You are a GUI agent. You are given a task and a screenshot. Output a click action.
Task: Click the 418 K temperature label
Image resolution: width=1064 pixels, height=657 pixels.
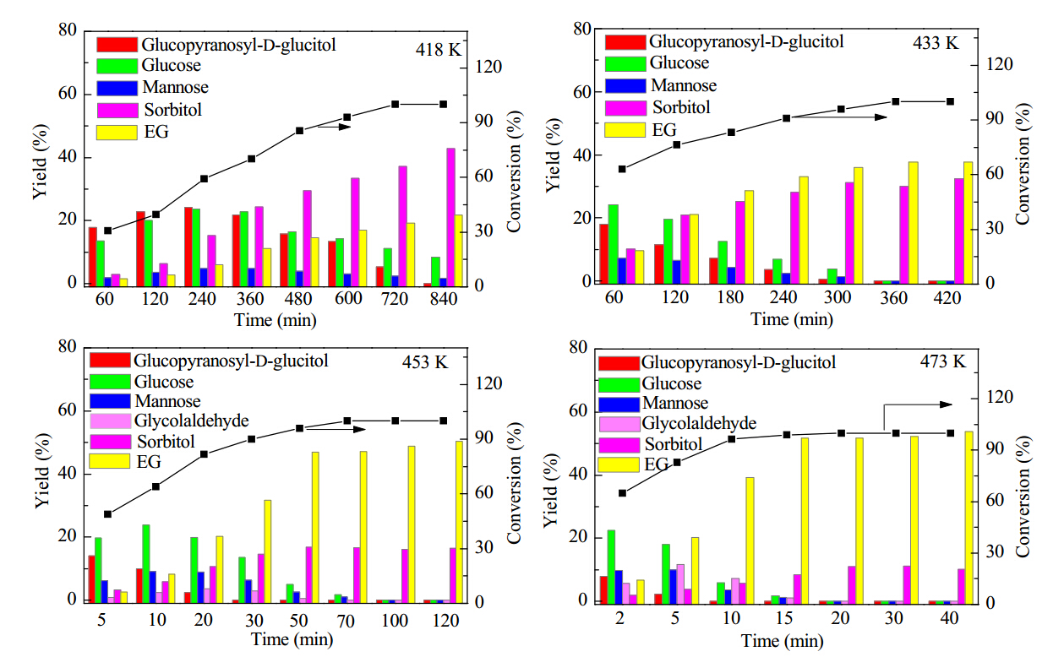[x=438, y=50]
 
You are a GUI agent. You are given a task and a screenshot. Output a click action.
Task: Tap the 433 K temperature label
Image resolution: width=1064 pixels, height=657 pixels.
[x=936, y=43]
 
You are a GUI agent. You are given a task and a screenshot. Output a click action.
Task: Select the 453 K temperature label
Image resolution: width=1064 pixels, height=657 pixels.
[x=424, y=362]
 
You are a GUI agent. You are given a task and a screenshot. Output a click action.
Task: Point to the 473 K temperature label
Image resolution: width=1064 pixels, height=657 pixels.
[x=943, y=361]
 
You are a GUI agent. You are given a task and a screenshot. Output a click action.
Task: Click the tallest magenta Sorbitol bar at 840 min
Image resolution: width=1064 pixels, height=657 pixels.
[x=450, y=217]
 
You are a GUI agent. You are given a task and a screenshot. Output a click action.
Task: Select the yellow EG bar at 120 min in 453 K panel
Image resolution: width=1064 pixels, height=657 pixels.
[x=459, y=522]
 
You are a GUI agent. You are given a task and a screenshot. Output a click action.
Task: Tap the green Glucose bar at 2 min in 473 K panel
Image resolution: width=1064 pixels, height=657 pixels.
[x=611, y=567]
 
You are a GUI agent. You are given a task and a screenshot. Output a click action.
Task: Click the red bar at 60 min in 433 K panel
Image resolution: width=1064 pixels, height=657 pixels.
[x=603, y=254]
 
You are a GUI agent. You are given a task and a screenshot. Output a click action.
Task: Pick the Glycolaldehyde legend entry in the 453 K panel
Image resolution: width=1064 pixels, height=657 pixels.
[x=169, y=421]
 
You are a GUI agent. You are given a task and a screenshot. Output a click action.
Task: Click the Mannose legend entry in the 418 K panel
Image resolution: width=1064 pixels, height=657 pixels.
[x=152, y=87]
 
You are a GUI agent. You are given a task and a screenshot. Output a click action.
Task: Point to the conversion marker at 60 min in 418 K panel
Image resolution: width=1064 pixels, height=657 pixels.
[x=108, y=231]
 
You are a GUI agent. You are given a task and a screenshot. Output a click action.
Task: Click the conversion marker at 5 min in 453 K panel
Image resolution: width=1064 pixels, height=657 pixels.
[x=108, y=514]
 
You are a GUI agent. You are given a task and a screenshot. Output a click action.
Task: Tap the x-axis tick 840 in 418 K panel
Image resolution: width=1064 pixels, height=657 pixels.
[x=443, y=299]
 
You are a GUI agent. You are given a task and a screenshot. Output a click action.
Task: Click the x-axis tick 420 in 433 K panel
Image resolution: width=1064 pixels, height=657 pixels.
[x=947, y=298]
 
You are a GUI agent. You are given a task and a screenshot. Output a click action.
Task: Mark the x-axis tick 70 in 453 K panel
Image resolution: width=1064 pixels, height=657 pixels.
[x=346, y=621]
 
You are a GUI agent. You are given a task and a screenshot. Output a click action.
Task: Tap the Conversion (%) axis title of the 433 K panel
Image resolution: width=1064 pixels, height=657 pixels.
[x=1023, y=164]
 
